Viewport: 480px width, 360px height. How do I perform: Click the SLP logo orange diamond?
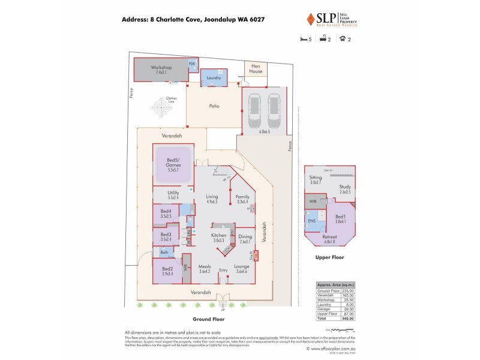point(311,19)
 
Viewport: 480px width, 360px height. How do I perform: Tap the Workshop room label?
point(161,68)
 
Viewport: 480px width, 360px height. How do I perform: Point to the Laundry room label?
point(214,79)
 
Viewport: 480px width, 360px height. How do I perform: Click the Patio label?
point(214,106)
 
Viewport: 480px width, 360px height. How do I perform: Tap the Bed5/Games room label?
point(173,161)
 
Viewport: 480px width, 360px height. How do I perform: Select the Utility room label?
point(164,194)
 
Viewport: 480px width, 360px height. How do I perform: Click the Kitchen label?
point(218,236)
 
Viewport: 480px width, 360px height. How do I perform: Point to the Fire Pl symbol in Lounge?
point(256,255)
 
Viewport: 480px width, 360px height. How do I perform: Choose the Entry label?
point(223,270)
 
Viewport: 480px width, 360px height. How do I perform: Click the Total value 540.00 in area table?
point(347,319)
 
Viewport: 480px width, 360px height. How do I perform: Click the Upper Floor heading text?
point(329,257)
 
